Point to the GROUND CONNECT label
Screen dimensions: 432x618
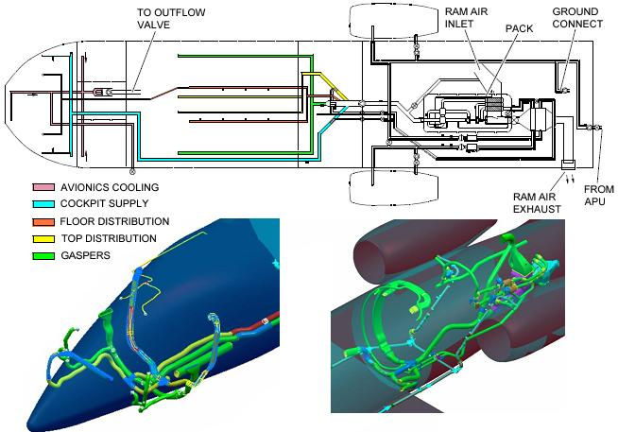pyautogui.click(x=575, y=18)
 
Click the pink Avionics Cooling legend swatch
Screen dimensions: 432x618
pyautogui.click(x=42, y=188)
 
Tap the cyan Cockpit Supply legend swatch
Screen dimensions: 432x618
pyautogui.click(x=42, y=204)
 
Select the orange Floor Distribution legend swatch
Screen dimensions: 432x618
pyautogui.click(x=42, y=221)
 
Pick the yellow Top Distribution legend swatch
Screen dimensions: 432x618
pyautogui.click(x=42, y=238)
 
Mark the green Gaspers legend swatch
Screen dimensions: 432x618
pyautogui.click(x=42, y=255)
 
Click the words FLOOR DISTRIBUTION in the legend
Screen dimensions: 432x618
pyautogui.click(x=110, y=221)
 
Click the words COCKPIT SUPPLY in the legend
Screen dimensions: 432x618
pyautogui.click(x=102, y=204)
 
